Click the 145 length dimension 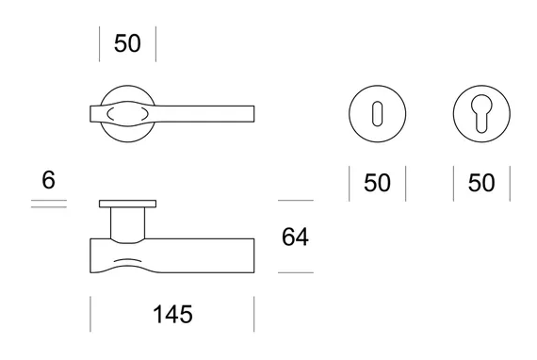click(x=172, y=315)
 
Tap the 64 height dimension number click(x=295, y=237)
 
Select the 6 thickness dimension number click(x=48, y=180)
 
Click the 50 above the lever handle click(x=127, y=43)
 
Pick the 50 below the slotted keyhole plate click(x=377, y=183)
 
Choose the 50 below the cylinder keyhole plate click(x=481, y=183)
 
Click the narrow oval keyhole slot click(x=377, y=114)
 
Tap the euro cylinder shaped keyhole click(x=481, y=113)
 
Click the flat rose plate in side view click(x=128, y=204)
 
